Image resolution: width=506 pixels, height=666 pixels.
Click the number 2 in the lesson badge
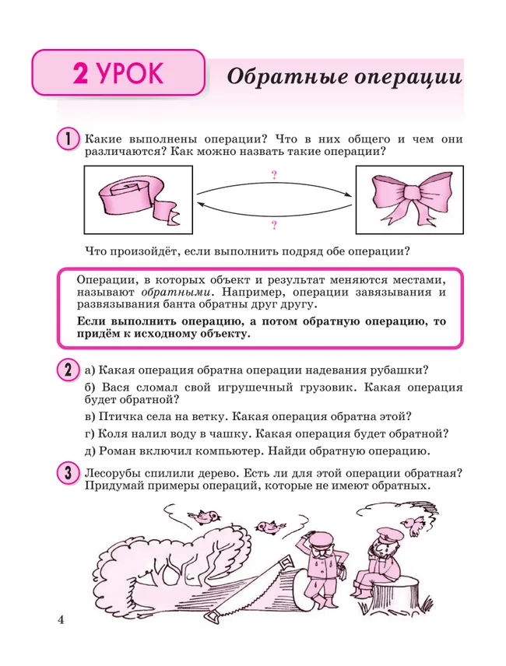[x=80, y=75]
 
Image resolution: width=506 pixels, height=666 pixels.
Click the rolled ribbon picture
[x=137, y=200]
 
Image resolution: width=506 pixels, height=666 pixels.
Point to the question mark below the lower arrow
[x=274, y=225]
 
